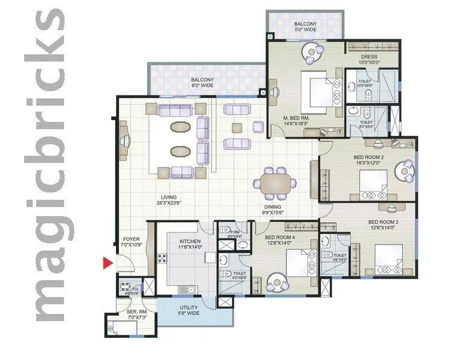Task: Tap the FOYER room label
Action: point(131,242)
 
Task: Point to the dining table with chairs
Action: point(275,182)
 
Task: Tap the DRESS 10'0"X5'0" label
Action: point(368,60)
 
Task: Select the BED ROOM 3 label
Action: point(382,225)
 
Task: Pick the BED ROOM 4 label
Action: point(280,240)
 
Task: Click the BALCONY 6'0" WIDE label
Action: point(202,83)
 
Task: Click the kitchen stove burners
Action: point(162,260)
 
